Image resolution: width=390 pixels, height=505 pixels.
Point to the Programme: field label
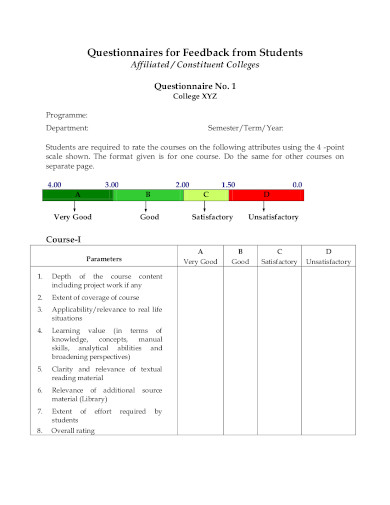pyautogui.click(x=67, y=116)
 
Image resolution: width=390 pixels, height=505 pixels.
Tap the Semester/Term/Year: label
pyautogui.click(x=245, y=129)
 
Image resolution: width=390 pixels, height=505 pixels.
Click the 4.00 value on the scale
pyautogui.click(x=54, y=185)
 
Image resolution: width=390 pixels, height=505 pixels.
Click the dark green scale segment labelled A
pyautogui.click(x=78, y=195)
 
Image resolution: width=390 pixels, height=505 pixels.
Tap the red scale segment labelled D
pyautogui.click(x=266, y=195)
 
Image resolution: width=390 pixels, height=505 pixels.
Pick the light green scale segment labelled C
pyautogui.click(x=206, y=195)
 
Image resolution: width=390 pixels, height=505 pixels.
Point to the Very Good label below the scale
pyautogui.click(x=74, y=217)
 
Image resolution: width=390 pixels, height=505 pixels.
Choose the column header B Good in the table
pyautogui.click(x=240, y=256)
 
